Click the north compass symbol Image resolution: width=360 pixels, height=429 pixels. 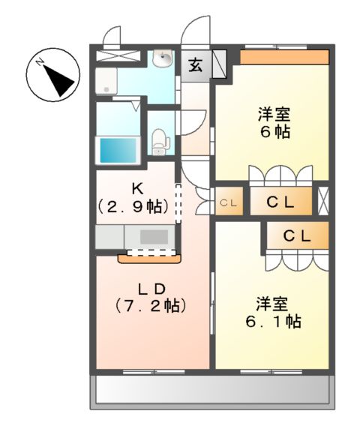tap(52, 75)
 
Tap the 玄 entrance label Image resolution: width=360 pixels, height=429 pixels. tap(195, 64)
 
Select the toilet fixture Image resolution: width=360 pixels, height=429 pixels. tap(158, 140)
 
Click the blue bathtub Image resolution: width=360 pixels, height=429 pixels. tap(118, 149)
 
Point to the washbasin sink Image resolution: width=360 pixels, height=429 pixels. tap(162, 61)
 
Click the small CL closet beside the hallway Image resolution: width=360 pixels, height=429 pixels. tap(229, 202)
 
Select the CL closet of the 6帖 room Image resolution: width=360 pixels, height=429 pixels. tap(278, 201)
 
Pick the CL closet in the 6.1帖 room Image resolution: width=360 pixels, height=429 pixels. tap(297, 235)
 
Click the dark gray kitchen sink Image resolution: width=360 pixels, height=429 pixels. tap(154, 237)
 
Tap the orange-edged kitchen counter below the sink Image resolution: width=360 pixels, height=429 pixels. tap(149, 257)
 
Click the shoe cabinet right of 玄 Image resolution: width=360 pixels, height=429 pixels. tap(220, 64)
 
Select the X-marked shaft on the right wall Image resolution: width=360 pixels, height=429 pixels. tap(323, 201)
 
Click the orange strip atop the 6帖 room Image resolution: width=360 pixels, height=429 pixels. tap(284, 56)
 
